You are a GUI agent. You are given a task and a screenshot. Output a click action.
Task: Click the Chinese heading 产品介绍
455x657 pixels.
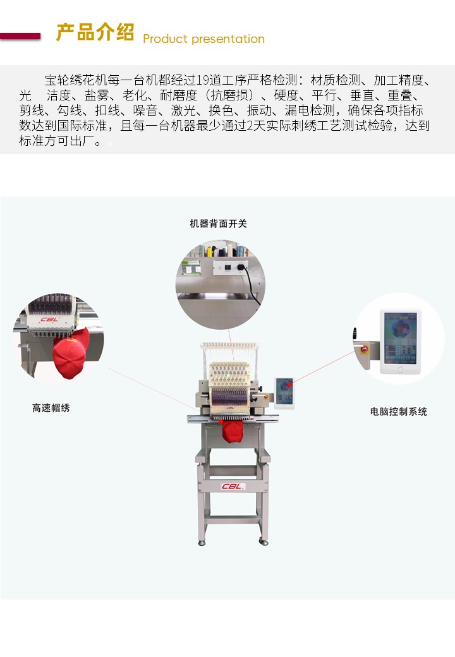95,32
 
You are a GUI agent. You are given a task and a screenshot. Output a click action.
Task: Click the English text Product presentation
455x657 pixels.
203,39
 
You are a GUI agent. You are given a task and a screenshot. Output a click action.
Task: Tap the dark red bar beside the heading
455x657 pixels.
20,37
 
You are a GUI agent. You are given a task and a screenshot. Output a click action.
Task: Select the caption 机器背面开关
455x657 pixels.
218,224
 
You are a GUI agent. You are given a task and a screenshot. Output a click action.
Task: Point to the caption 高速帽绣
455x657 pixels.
51,407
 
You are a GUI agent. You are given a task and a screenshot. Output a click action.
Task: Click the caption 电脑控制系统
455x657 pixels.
398,411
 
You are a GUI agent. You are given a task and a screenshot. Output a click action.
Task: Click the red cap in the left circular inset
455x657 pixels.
70,354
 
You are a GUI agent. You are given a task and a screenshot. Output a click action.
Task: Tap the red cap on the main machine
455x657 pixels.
232,431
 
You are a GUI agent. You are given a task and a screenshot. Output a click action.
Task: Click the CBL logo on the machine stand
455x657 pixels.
233,486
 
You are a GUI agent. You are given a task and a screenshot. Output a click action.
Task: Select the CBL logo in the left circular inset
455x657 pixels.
49,319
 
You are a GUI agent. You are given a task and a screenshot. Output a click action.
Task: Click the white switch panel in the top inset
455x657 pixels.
230,267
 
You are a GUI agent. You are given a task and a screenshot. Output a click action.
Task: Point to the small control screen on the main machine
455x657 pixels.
284,392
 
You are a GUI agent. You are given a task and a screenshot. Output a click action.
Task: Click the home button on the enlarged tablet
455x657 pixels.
400,369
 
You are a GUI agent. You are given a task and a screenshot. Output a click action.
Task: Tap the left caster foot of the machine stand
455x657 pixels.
202,543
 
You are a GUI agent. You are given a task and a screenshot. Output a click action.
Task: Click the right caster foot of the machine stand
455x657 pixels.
264,542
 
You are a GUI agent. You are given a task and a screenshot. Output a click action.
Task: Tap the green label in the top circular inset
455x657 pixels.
191,267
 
